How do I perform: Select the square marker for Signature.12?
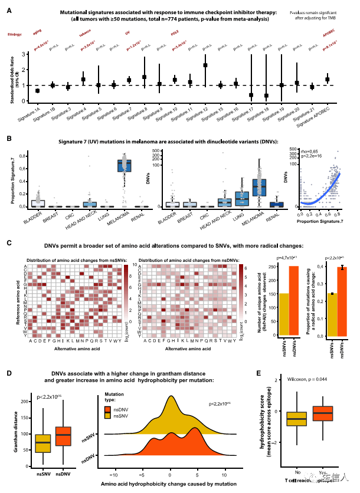click(x=205, y=65)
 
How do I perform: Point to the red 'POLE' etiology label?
click(x=175, y=35)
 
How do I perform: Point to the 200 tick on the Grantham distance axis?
click(x=24, y=401)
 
